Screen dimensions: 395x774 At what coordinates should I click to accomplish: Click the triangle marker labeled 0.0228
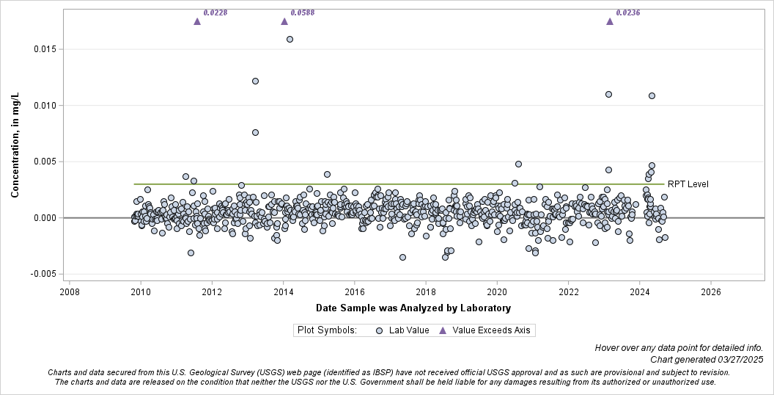[x=197, y=21]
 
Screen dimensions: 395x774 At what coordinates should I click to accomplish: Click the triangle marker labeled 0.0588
[x=284, y=21]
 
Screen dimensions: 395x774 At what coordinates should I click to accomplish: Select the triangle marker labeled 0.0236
[x=610, y=21]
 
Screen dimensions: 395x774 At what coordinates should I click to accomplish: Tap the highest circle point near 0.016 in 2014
[x=290, y=39]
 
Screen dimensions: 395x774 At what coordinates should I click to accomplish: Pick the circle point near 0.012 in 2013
[x=255, y=81]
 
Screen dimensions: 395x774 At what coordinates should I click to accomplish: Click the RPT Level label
[x=688, y=184]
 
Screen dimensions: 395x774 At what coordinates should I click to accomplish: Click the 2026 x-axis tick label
[x=710, y=291]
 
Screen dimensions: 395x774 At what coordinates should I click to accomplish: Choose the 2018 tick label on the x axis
[x=425, y=291]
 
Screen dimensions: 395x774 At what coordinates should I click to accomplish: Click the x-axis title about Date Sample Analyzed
[x=413, y=308]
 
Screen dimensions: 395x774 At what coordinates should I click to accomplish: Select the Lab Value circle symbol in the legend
[x=379, y=330]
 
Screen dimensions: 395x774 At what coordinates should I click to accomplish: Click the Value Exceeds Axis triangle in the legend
[x=443, y=330]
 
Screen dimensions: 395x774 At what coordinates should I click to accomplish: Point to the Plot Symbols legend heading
[x=327, y=330]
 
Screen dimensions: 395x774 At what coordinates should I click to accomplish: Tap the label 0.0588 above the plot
[x=302, y=12]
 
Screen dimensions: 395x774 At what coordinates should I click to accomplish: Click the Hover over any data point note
[x=679, y=347]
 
